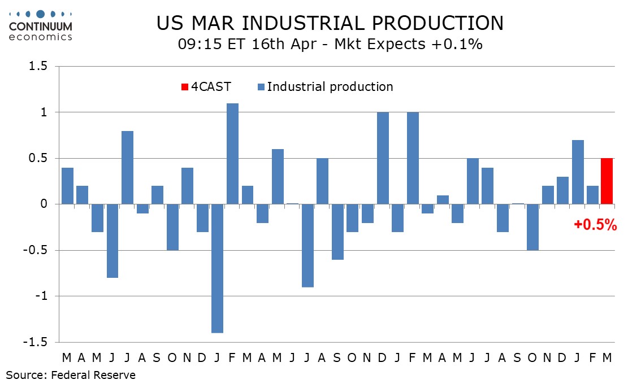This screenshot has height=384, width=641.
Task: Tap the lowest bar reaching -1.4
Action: [217, 268]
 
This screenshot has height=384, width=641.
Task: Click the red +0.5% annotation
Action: [595, 225]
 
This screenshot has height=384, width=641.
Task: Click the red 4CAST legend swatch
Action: [184, 87]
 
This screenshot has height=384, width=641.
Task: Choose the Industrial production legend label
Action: [330, 87]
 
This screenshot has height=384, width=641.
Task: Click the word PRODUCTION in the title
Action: [431, 23]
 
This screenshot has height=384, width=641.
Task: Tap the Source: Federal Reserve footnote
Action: [71, 375]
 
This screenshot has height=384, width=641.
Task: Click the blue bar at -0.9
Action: [307, 245]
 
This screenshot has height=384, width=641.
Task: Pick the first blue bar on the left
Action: [67, 186]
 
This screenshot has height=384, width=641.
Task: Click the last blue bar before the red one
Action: [592, 195]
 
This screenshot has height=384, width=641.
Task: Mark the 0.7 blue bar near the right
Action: [578, 172]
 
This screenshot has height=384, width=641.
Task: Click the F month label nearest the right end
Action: [592, 358]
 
